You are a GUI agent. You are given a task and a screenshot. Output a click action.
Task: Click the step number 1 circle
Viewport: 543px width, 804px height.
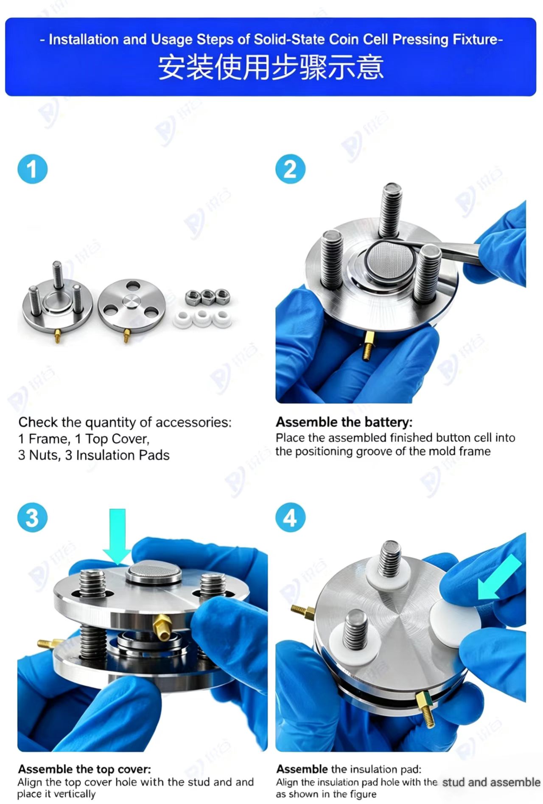(x=32, y=169)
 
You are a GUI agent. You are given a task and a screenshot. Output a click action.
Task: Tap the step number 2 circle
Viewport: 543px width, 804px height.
(x=290, y=169)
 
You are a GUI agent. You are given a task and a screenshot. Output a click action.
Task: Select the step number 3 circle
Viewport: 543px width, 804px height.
(x=32, y=517)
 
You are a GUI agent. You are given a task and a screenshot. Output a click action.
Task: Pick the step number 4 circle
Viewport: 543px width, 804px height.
(x=290, y=517)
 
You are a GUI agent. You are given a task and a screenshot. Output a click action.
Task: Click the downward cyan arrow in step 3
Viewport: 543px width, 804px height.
(x=117, y=537)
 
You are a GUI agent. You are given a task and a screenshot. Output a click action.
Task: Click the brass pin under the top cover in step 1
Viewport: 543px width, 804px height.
(x=126, y=335)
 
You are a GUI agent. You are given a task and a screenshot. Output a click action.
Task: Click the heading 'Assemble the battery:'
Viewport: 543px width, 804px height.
(x=344, y=422)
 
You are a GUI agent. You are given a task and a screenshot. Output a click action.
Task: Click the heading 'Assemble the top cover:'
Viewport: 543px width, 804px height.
(x=84, y=769)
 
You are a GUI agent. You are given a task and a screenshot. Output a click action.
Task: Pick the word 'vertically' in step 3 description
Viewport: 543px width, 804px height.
(x=74, y=794)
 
